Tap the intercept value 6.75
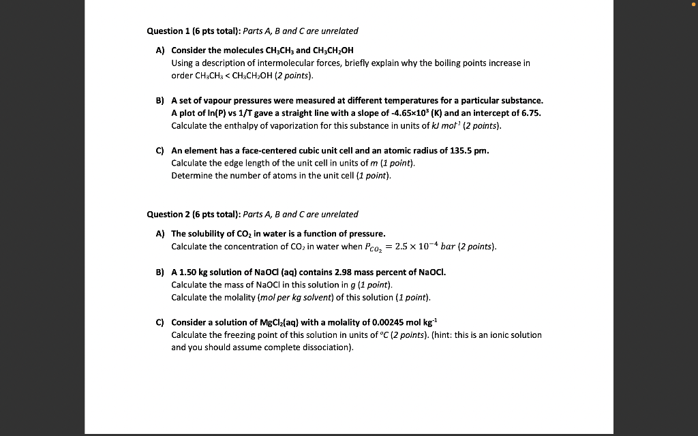coord(532,113)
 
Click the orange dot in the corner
coord(693,4)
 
